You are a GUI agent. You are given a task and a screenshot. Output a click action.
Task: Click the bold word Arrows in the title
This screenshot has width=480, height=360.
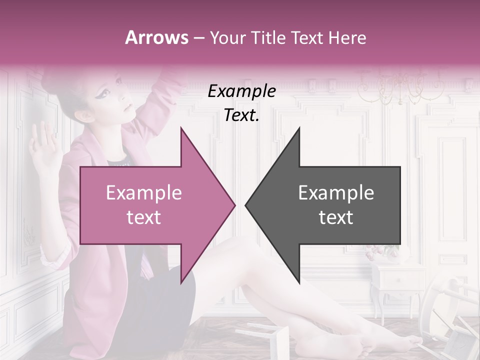[156, 37]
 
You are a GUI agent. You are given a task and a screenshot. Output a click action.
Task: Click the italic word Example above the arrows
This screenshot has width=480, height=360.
[241, 91]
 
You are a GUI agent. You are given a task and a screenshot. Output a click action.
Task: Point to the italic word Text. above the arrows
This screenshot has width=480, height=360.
[241, 115]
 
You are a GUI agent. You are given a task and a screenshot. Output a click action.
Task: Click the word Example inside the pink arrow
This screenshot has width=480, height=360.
[143, 192]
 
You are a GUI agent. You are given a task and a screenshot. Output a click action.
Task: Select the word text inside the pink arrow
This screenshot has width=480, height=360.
[143, 217]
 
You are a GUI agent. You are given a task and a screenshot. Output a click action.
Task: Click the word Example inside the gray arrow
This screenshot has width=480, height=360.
[336, 192]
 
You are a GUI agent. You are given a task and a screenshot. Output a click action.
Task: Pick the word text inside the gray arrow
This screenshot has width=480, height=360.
[336, 217]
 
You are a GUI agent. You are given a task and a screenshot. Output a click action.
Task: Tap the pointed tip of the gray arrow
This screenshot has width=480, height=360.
[246, 205]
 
